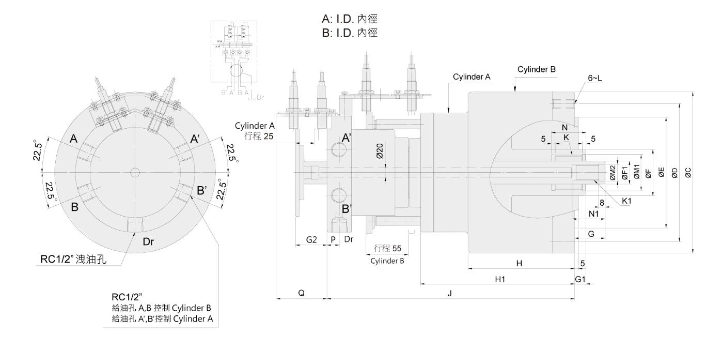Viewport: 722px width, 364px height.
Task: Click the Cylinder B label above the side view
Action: (x=536, y=69)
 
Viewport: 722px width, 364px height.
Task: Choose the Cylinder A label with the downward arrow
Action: (x=472, y=77)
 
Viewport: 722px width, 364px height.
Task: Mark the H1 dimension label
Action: (x=499, y=279)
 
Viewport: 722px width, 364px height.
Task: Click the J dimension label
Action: (x=450, y=293)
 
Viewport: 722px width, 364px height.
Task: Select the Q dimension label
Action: (x=301, y=293)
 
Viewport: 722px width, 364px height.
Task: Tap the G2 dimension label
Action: (x=311, y=240)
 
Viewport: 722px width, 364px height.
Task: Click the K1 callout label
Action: (x=626, y=201)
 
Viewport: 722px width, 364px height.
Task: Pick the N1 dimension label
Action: (x=593, y=213)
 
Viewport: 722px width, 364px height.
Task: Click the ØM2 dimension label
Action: (x=612, y=173)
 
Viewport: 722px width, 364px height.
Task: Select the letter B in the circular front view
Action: (x=74, y=207)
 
